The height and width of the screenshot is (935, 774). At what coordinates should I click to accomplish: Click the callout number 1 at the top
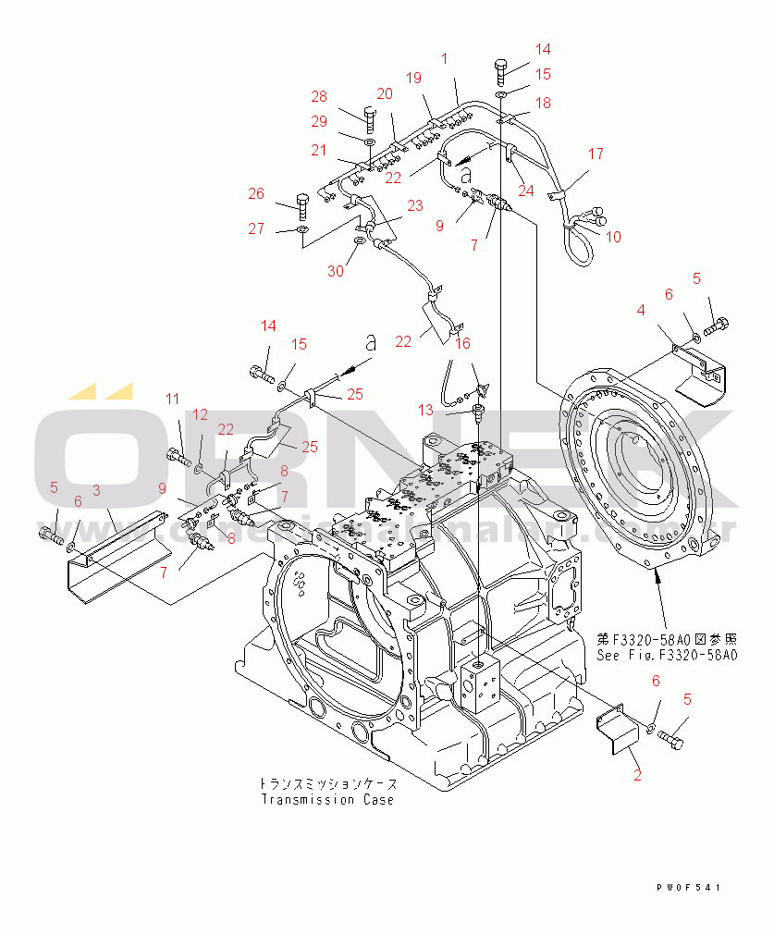[444, 58]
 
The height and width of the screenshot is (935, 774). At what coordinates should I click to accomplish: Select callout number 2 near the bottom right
[637, 775]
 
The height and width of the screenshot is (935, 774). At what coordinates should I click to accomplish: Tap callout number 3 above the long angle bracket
[96, 490]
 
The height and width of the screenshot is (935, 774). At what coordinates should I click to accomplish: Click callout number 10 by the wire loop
[613, 237]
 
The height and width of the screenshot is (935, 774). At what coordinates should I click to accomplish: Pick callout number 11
[173, 399]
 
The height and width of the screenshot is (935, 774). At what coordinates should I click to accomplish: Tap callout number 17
[596, 154]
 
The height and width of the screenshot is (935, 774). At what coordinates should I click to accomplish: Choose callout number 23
[414, 205]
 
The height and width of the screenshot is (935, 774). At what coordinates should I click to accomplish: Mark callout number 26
[255, 193]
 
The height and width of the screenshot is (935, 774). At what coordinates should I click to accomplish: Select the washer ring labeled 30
[359, 243]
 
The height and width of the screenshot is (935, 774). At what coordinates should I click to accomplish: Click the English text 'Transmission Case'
[326, 800]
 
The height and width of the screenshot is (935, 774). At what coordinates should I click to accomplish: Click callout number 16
[462, 343]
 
